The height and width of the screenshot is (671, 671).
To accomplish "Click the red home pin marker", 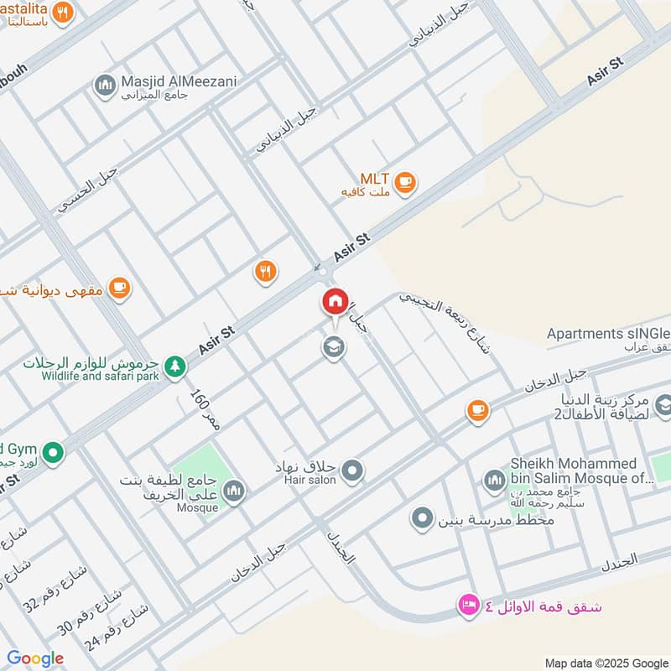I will [x=335, y=301].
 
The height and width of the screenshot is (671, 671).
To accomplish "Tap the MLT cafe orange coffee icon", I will [x=405, y=181].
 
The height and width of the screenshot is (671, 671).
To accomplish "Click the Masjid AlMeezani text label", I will [x=168, y=81].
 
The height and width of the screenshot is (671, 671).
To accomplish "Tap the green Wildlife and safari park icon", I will [x=174, y=365].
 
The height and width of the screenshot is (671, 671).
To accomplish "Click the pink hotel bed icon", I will [x=467, y=605].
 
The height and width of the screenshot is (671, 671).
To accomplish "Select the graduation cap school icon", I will [x=334, y=346].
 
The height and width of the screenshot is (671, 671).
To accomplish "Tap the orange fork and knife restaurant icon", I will [x=265, y=270].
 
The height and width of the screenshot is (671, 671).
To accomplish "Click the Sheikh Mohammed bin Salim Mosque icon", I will [x=494, y=480].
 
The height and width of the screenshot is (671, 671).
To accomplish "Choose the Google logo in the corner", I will [x=35, y=658].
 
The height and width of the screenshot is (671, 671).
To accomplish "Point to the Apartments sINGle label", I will [x=608, y=334].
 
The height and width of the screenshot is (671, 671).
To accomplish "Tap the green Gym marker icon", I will [x=54, y=453].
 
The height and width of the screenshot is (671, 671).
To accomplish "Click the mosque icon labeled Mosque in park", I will [x=234, y=491].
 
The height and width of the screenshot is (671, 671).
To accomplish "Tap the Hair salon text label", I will [x=310, y=480].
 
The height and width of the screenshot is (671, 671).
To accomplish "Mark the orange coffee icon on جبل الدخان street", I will [x=478, y=410].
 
